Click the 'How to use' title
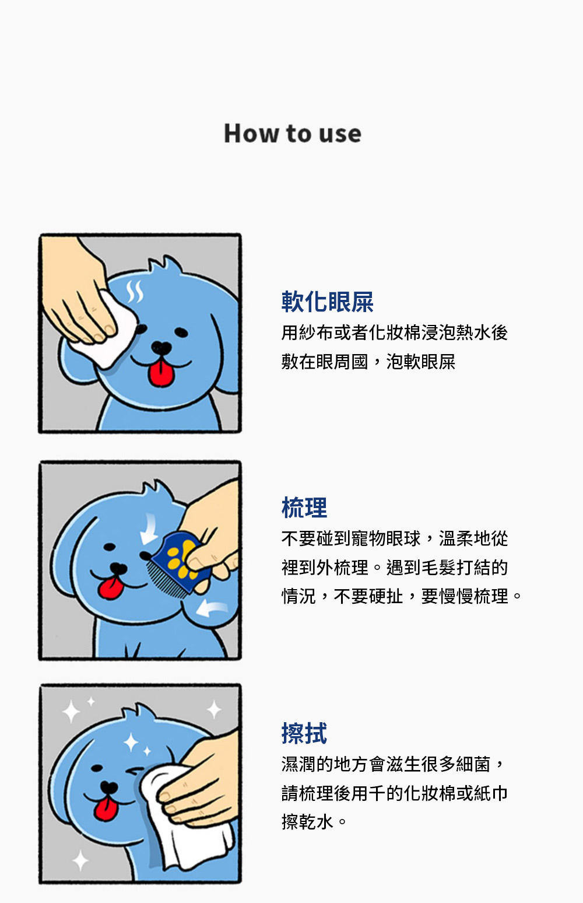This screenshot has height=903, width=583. (x=293, y=134)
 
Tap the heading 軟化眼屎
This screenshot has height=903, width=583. (x=327, y=302)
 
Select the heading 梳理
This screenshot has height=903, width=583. (x=304, y=508)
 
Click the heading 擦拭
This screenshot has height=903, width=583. (x=304, y=733)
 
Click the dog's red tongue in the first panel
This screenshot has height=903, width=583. (x=161, y=373)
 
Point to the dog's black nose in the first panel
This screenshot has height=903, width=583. (x=161, y=348)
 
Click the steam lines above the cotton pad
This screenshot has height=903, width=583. (x=135, y=292)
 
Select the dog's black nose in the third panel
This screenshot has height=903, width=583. (x=109, y=786)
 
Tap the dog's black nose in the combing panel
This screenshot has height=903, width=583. (x=118, y=568)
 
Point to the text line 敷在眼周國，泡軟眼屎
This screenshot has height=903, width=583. (x=368, y=362)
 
